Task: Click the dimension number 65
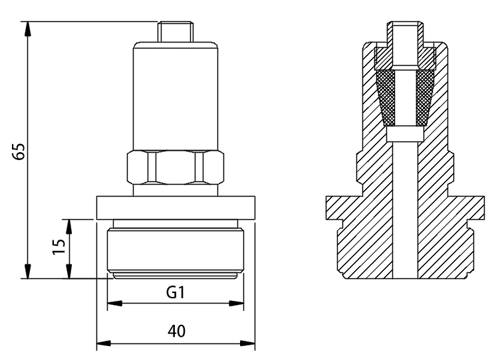pyautogui.click(x=19, y=151)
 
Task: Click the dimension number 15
pyautogui.click(x=59, y=246)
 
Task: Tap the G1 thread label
pyautogui.click(x=176, y=292)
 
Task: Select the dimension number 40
pyautogui.click(x=177, y=331)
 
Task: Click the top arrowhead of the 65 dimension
pyautogui.click(x=28, y=29)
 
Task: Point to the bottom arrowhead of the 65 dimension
pyautogui.click(x=28, y=271)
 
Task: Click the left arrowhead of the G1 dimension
pyautogui.click(x=114, y=304)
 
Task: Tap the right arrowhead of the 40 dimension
pyautogui.click(x=247, y=343)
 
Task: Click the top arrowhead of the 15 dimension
pyautogui.click(x=68, y=227)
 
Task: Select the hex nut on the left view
pyautogui.click(x=176, y=168)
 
